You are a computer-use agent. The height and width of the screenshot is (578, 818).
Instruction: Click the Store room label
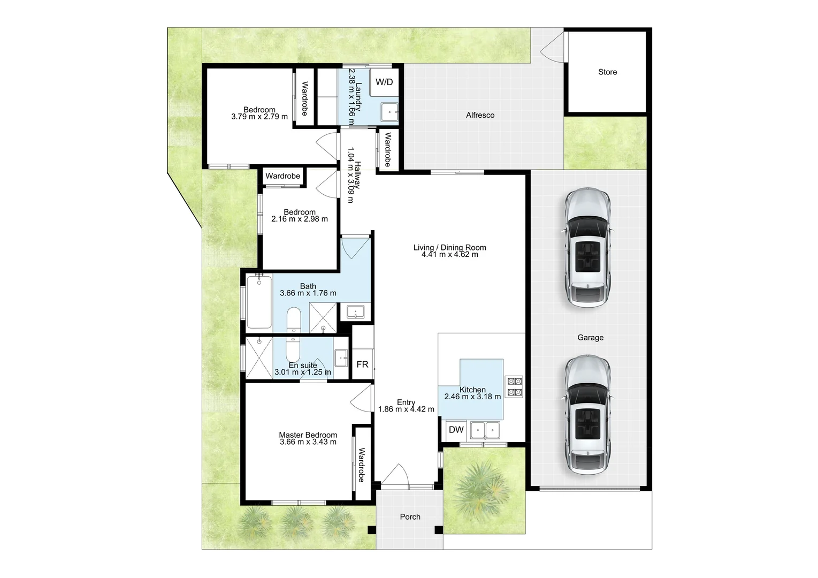pyautogui.click(x=607, y=72)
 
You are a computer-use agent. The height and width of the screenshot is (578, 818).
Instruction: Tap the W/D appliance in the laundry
pyautogui.click(x=384, y=82)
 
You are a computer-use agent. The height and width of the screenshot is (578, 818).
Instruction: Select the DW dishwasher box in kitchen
pyautogui.click(x=456, y=430)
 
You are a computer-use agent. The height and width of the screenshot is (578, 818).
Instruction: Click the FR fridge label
pyautogui.click(x=362, y=364)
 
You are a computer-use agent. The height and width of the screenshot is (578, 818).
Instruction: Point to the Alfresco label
pyautogui.click(x=480, y=115)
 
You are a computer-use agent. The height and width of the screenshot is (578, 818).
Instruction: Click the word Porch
pyautogui.click(x=410, y=516)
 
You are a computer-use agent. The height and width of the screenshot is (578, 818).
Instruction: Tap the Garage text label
pyautogui.click(x=590, y=338)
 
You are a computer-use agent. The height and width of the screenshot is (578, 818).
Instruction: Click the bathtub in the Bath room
pyautogui.click(x=259, y=301)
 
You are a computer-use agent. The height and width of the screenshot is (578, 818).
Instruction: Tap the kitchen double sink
pyautogui.click(x=484, y=429)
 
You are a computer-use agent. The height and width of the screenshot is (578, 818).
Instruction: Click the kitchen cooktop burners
pyautogui.click(x=514, y=386)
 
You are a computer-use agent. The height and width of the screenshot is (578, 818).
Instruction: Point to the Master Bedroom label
pyautogui.click(x=308, y=435)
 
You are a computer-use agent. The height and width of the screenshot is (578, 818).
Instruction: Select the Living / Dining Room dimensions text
pyautogui.click(x=449, y=255)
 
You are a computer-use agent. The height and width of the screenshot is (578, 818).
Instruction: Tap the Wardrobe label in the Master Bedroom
pyautogui.click(x=362, y=465)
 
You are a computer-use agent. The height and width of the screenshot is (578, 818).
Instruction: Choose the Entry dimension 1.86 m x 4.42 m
pyautogui.click(x=406, y=409)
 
